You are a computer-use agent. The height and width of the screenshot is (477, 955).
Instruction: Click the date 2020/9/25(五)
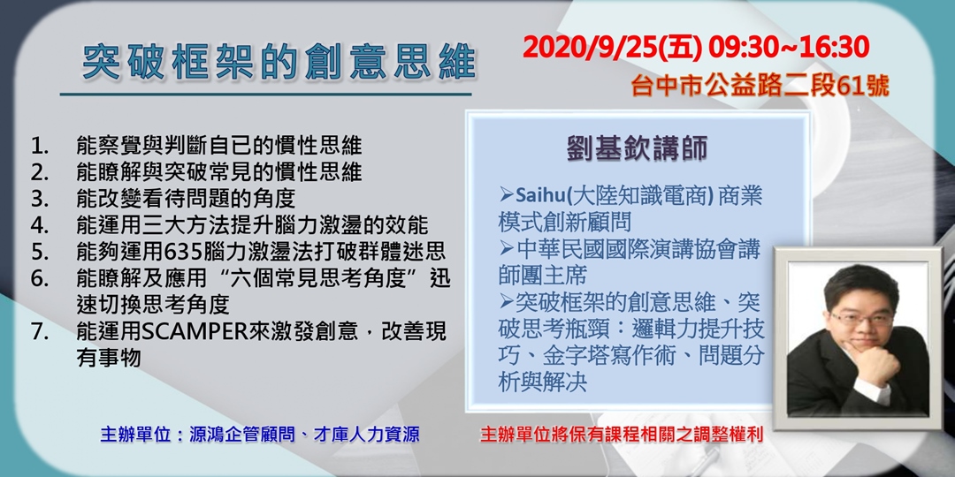pos(611,48)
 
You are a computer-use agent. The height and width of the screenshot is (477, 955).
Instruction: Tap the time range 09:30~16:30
pos(788,48)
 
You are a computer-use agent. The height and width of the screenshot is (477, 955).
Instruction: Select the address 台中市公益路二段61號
pos(760,87)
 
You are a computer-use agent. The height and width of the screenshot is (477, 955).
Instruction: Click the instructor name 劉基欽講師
pos(637,149)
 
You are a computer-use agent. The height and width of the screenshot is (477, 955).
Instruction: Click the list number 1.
pos(40,146)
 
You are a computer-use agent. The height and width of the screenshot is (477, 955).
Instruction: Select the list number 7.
pos(40,331)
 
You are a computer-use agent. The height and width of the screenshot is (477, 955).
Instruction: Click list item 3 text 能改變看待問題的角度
pos(186,199)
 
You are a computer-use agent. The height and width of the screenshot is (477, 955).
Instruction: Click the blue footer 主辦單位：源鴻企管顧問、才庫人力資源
pos(259,435)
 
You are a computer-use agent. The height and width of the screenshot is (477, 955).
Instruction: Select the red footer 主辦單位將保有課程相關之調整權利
pos(622,435)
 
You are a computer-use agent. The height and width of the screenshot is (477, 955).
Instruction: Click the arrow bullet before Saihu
pos(507,196)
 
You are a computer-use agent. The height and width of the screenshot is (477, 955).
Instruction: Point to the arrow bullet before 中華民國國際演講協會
pos(507,248)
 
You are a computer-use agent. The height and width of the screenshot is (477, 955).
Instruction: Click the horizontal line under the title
pos(266,95)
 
